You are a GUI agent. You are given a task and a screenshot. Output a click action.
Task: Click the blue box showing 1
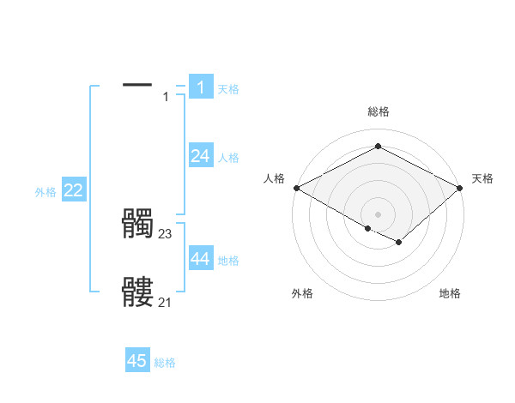point(200,87)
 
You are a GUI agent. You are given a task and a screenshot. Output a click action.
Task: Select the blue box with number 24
point(200,155)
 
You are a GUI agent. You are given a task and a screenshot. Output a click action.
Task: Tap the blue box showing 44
point(200,258)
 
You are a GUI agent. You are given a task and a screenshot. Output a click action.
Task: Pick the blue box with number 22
point(73,190)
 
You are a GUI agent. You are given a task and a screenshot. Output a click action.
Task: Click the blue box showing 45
point(137,361)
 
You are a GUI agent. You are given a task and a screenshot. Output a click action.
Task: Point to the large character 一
point(137,84)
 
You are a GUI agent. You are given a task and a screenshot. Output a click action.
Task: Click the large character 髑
point(137,224)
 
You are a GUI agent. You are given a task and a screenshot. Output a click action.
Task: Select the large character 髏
point(137,292)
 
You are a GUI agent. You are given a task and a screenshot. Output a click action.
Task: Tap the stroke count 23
point(166,233)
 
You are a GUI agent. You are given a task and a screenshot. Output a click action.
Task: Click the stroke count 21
point(166,301)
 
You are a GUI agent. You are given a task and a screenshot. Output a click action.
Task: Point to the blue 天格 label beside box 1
point(228,89)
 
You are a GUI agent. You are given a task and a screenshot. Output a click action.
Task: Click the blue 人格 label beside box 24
point(228,158)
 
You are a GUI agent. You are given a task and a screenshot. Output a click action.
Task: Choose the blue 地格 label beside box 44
point(228,261)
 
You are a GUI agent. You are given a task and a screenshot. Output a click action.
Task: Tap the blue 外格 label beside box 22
point(45,192)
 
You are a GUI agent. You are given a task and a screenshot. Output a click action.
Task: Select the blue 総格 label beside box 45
point(165,364)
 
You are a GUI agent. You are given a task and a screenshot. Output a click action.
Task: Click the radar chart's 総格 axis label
point(378,111)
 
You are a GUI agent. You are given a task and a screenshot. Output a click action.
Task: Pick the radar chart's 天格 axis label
point(482,178)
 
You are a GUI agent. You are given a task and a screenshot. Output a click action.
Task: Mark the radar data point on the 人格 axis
point(296,188)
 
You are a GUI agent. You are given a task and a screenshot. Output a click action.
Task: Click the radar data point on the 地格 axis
point(399,244)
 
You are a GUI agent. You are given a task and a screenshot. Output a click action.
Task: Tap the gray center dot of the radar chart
point(378,214)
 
